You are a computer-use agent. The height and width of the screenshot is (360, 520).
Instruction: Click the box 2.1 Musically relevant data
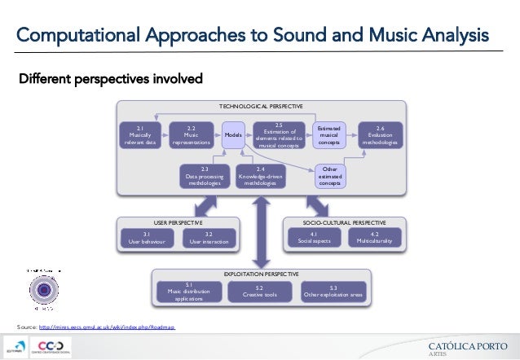tap(139, 135)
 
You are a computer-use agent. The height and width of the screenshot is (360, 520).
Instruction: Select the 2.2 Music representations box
tap(191, 135)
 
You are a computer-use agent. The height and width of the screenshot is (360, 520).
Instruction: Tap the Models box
tap(233, 135)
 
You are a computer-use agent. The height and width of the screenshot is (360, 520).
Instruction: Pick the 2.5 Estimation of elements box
tap(279, 135)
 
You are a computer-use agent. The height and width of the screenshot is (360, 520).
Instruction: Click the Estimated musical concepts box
tap(329, 135)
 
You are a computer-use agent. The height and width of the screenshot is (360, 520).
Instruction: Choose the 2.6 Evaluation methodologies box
tap(380, 135)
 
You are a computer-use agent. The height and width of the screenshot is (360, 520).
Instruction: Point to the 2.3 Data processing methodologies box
tap(205, 176)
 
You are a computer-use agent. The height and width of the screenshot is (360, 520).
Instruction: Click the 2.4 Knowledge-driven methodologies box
tap(261, 176)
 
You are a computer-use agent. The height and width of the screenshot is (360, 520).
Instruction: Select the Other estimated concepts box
tap(330, 176)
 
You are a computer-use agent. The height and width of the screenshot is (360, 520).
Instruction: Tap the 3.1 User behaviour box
tap(147, 238)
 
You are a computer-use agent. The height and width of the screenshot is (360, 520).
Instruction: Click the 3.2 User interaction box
tap(209, 238)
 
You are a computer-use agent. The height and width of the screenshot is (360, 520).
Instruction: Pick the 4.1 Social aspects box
tap(313, 238)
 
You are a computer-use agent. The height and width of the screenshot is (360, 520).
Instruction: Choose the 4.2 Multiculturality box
tap(374, 238)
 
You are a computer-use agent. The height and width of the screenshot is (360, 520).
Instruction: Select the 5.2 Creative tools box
tap(258, 291)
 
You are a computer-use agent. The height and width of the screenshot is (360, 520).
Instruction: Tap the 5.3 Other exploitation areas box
tap(333, 291)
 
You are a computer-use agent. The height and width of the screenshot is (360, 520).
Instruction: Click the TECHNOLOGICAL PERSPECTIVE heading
tap(260, 107)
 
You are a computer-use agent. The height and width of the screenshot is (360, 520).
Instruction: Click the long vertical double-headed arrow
tap(260, 232)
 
